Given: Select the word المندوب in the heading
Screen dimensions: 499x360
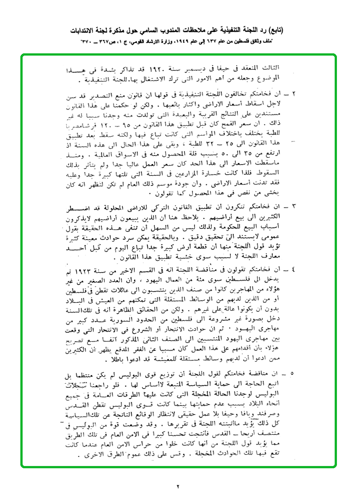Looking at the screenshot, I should [170, 31].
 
